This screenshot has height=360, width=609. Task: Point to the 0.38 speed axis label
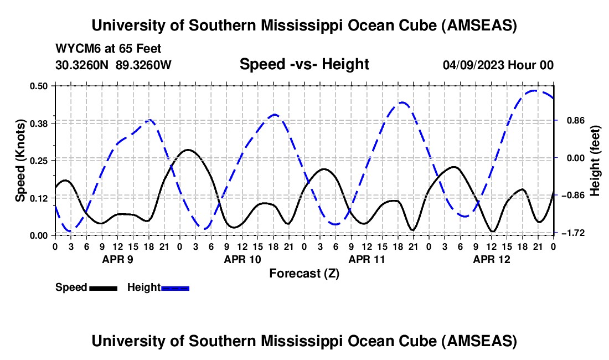pos(40,123)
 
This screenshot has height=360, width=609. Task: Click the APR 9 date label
pos(117,259)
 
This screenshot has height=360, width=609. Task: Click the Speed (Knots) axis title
pos(20,160)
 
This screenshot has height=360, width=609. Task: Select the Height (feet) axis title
pos(596,160)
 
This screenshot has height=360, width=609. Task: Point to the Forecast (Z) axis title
pos(304,273)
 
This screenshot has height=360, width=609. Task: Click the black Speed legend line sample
pos(102,288)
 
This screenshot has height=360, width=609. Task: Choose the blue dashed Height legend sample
pos(175,288)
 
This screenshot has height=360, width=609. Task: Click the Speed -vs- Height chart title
pos(304,64)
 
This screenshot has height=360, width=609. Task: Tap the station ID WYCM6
pos(75,49)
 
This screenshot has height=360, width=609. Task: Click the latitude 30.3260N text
pos(83,65)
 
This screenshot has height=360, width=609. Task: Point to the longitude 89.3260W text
pos(144,65)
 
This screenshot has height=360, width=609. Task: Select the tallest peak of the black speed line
pos(188,150)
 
